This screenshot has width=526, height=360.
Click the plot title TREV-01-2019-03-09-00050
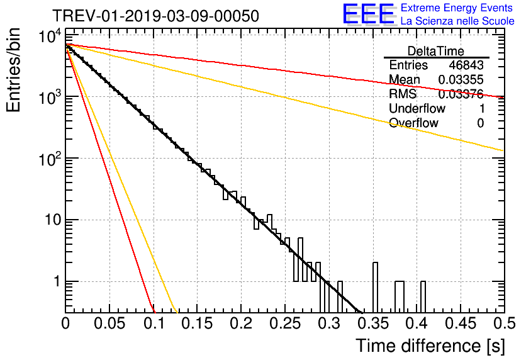(155, 16)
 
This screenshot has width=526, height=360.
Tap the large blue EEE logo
(368, 14)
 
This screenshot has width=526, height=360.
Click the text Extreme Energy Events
(457, 8)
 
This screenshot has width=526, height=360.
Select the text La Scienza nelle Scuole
(457, 21)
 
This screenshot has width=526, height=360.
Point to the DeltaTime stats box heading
(436, 50)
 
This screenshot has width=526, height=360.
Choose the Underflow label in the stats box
(415, 109)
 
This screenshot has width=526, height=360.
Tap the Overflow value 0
(480, 123)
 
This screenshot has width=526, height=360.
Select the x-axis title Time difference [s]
(429, 346)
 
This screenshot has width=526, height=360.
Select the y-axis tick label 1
(55, 281)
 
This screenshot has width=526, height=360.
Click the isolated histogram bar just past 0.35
(375, 287)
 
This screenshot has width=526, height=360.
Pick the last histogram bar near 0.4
(423, 296)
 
